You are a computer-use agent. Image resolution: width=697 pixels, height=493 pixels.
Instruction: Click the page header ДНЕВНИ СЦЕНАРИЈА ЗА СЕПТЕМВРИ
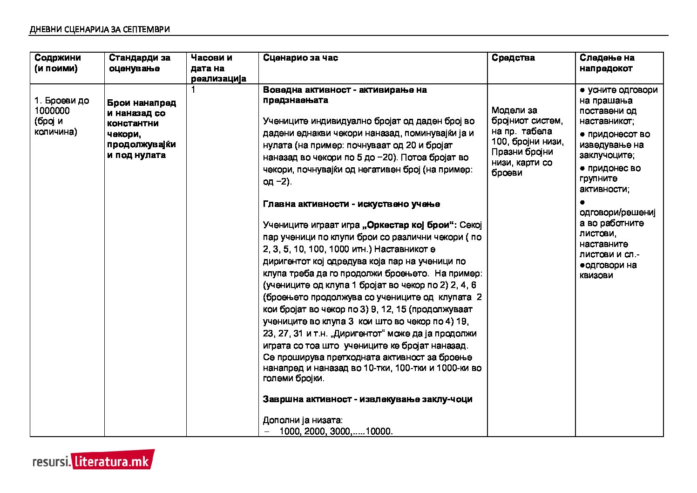[x=100, y=29]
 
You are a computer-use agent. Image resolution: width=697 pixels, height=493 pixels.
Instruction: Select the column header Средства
[x=513, y=58]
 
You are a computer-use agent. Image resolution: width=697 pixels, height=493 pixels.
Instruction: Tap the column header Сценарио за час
[x=300, y=58]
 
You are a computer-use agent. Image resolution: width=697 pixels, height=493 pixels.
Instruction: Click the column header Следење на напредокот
[x=607, y=63]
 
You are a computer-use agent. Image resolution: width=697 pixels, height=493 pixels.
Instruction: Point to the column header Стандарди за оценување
[x=140, y=63]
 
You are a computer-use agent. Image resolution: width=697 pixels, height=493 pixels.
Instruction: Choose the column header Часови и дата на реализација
[x=218, y=68]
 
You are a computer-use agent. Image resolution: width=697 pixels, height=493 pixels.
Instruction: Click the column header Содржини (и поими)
[x=57, y=63]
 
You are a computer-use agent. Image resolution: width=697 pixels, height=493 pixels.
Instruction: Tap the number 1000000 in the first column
[x=52, y=111]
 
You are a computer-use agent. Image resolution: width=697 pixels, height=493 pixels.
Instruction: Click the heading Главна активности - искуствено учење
[x=351, y=204]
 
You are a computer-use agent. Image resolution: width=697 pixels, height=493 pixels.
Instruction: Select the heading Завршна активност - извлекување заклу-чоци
[x=367, y=399]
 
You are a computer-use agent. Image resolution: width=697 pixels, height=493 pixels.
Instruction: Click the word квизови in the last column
[x=596, y=275]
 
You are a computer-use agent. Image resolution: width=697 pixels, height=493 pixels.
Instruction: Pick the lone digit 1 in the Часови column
[x=193, y=90]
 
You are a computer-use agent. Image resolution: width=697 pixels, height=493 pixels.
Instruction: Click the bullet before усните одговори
[x=582, y=90]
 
